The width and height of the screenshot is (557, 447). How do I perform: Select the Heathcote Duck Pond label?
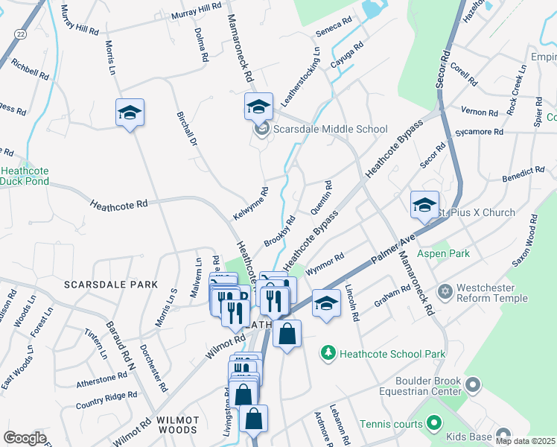point(24,176)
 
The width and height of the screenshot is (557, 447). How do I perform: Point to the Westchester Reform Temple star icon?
point(446,289)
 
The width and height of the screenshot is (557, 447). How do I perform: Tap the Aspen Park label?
point(444,254)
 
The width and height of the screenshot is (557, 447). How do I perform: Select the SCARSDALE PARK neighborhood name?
point(110,285)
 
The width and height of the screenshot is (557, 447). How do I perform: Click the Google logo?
point(25,437)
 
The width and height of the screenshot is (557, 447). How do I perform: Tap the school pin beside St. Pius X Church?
point(424,205)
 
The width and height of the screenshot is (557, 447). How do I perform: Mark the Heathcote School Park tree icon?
point(327,351)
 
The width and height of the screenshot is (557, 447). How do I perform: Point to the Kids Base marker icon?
point(505,435)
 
